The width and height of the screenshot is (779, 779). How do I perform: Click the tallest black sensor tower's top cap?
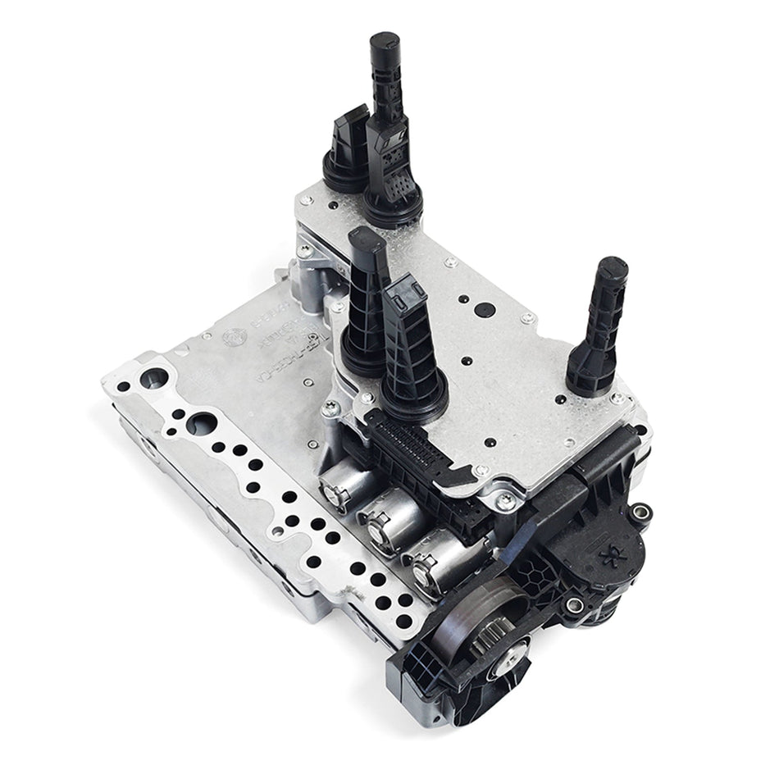(383, 43)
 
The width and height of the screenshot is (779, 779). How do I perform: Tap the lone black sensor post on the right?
(601, 328)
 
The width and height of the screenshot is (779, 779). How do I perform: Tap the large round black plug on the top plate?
(483, 308)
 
